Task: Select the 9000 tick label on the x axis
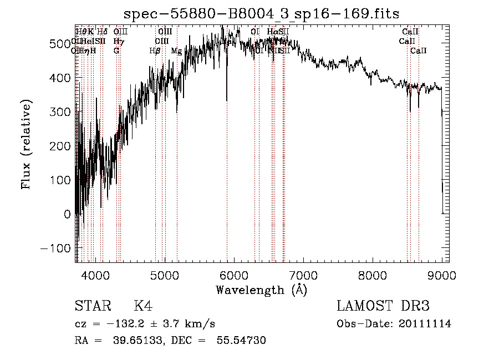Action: (441, 274)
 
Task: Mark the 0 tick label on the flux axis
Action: (68, 214)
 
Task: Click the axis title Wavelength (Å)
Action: (261, 290)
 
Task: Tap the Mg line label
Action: (176, 51)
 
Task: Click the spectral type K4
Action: (143, 306)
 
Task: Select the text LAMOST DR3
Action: (383, 306)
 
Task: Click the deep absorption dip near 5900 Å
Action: (227, 99)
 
